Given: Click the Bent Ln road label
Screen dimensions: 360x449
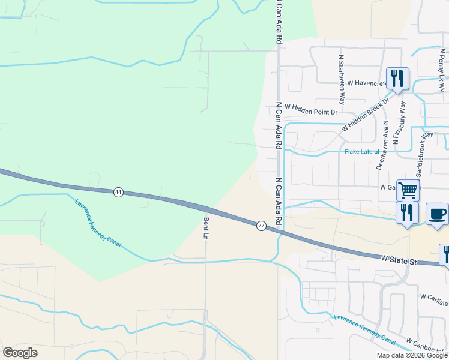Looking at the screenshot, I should tap(205, 229).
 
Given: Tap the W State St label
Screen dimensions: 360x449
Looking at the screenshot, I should tap(398, 261).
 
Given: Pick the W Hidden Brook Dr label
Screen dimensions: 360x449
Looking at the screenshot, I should tap(364, 116).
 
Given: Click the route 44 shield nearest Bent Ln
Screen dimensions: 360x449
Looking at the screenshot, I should tap(118, 192).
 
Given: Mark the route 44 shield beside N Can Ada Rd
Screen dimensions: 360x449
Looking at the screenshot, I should tap(261, 226).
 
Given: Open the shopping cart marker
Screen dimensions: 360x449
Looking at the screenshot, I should tap(408, 191).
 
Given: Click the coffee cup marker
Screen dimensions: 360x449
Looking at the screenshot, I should tap(436, 214).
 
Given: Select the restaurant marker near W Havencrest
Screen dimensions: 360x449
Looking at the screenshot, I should tap(397, 79).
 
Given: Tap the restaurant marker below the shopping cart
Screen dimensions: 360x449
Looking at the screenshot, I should tap(407, 213).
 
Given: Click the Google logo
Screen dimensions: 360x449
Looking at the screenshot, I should tap(20, 353).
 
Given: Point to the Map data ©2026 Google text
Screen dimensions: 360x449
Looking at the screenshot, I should tap(411, 355).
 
